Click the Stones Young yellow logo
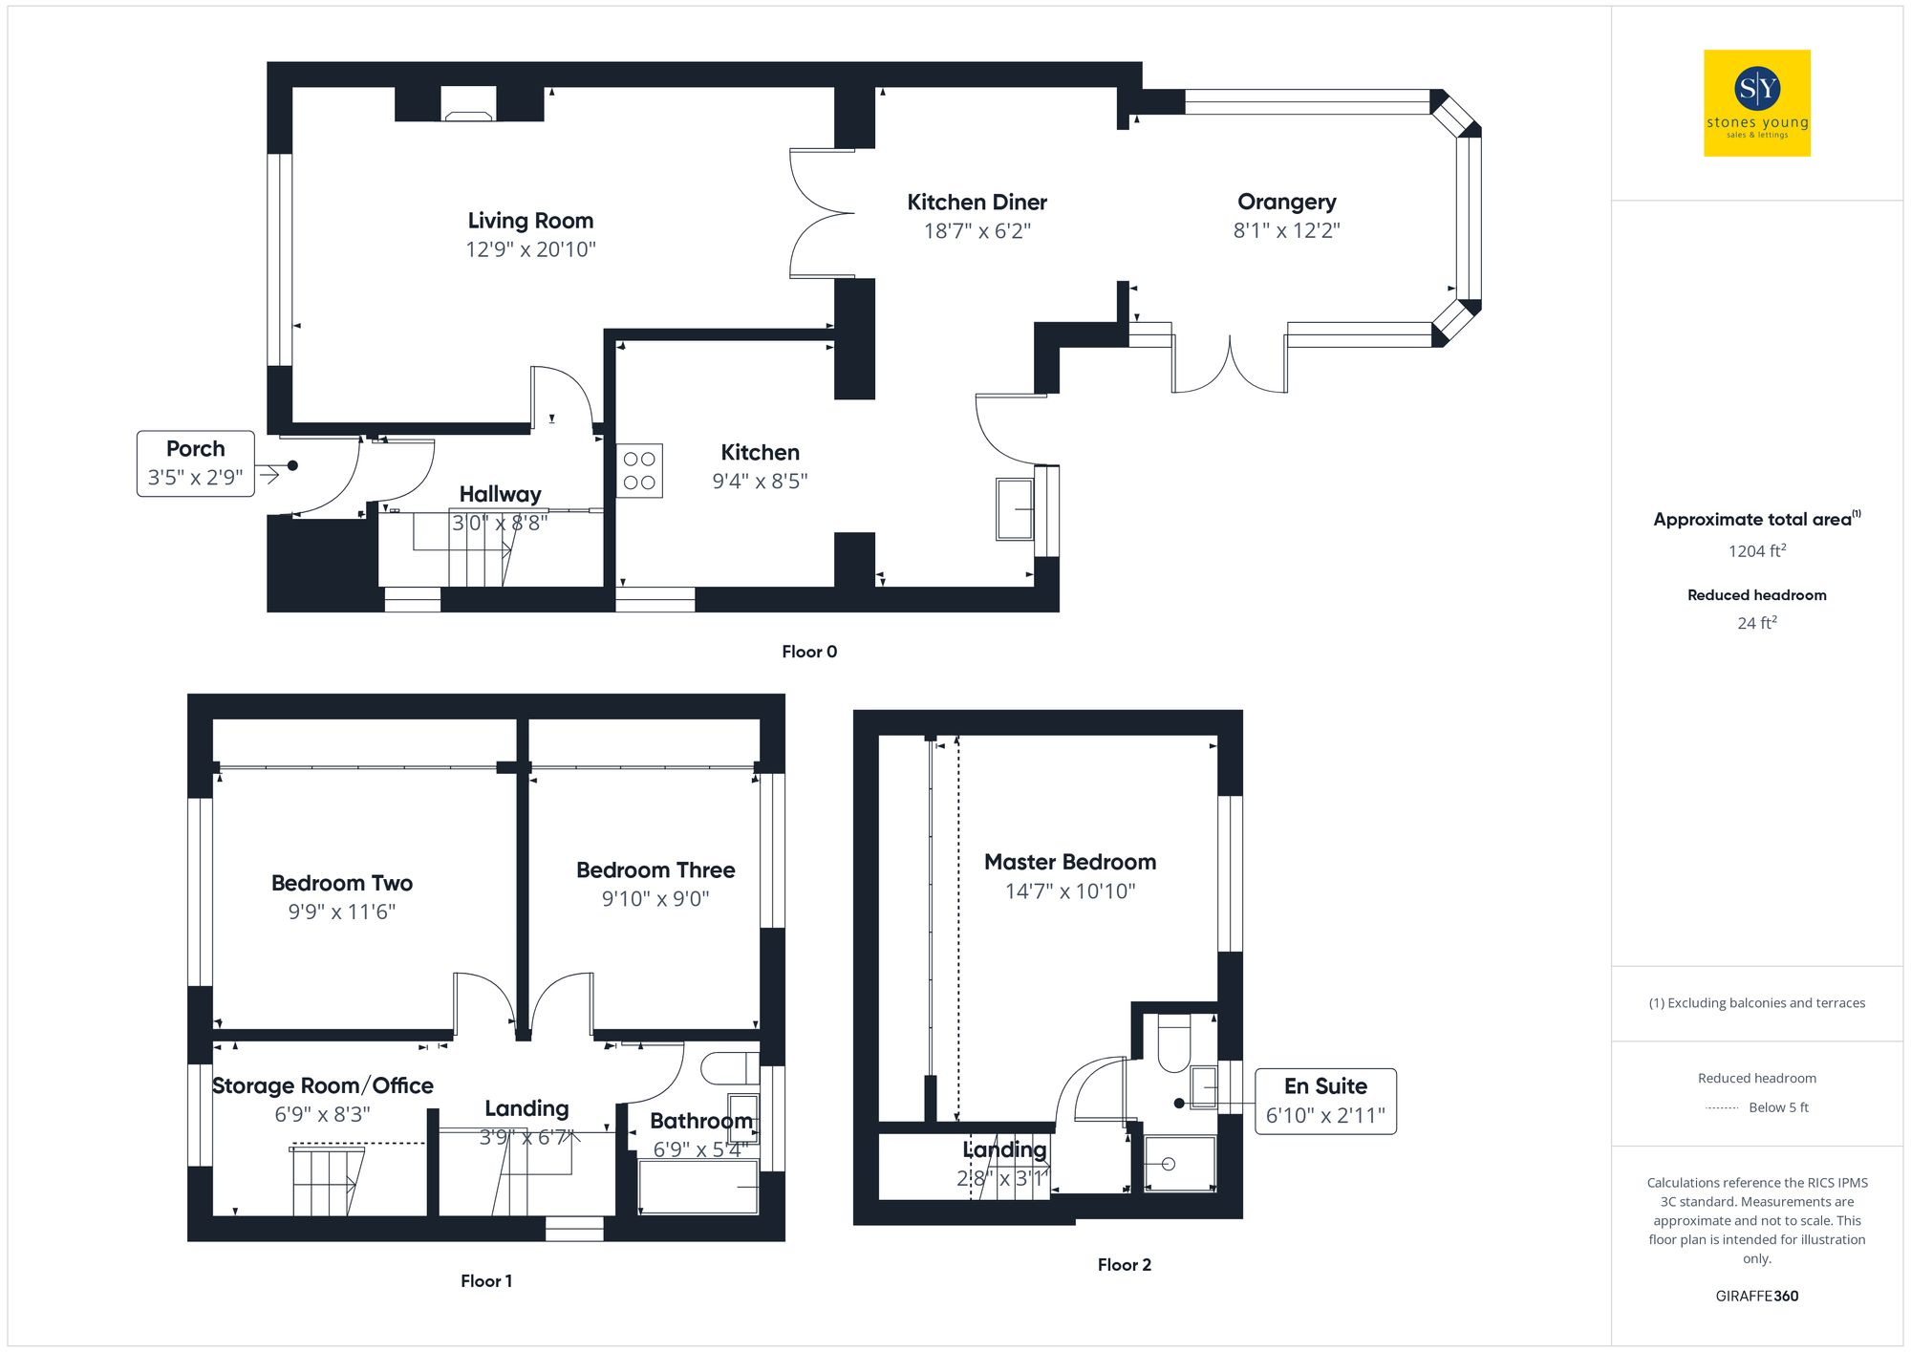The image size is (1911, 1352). (x=1756, y=103)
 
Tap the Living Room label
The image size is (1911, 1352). (x=530, y=221)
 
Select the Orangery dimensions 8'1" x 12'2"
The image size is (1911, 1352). (x=1286, y=230)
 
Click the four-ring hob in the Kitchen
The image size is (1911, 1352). (x=639, y=471)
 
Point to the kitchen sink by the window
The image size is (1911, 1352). (x=1015, y=509)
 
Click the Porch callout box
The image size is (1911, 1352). (x=196, y=463)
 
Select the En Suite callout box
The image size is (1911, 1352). (x=1324, y=1101)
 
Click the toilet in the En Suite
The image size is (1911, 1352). (x=1173, y=1043)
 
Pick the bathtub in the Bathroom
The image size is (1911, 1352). (x=698, y=1187)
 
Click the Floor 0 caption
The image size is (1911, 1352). (x=808, y=652)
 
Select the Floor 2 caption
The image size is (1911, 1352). (x=1124, y=1264)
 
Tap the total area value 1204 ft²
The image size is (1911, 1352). (x=1756, y=551)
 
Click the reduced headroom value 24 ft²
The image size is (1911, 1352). (x=1756, y=623)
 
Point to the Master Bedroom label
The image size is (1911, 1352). (x=1069, y=862)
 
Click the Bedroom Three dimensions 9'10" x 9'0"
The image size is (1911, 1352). (x=655, y=899)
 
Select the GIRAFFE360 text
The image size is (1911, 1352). (x=1756, y=1296)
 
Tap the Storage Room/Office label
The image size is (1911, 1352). (x=322, y=1085)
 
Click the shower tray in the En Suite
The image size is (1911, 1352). (x=1179, y=1164)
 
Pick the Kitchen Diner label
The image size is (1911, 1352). (x=977, y=203)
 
